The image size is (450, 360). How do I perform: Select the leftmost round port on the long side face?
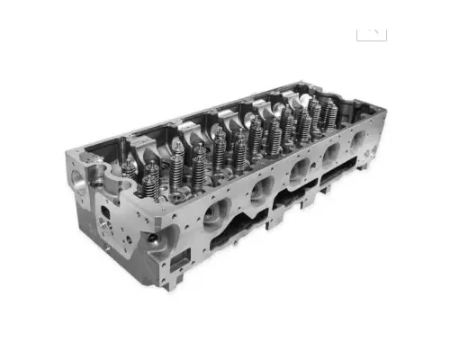(x=216, y=212)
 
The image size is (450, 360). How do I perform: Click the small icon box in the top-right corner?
(x=371, y=31)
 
